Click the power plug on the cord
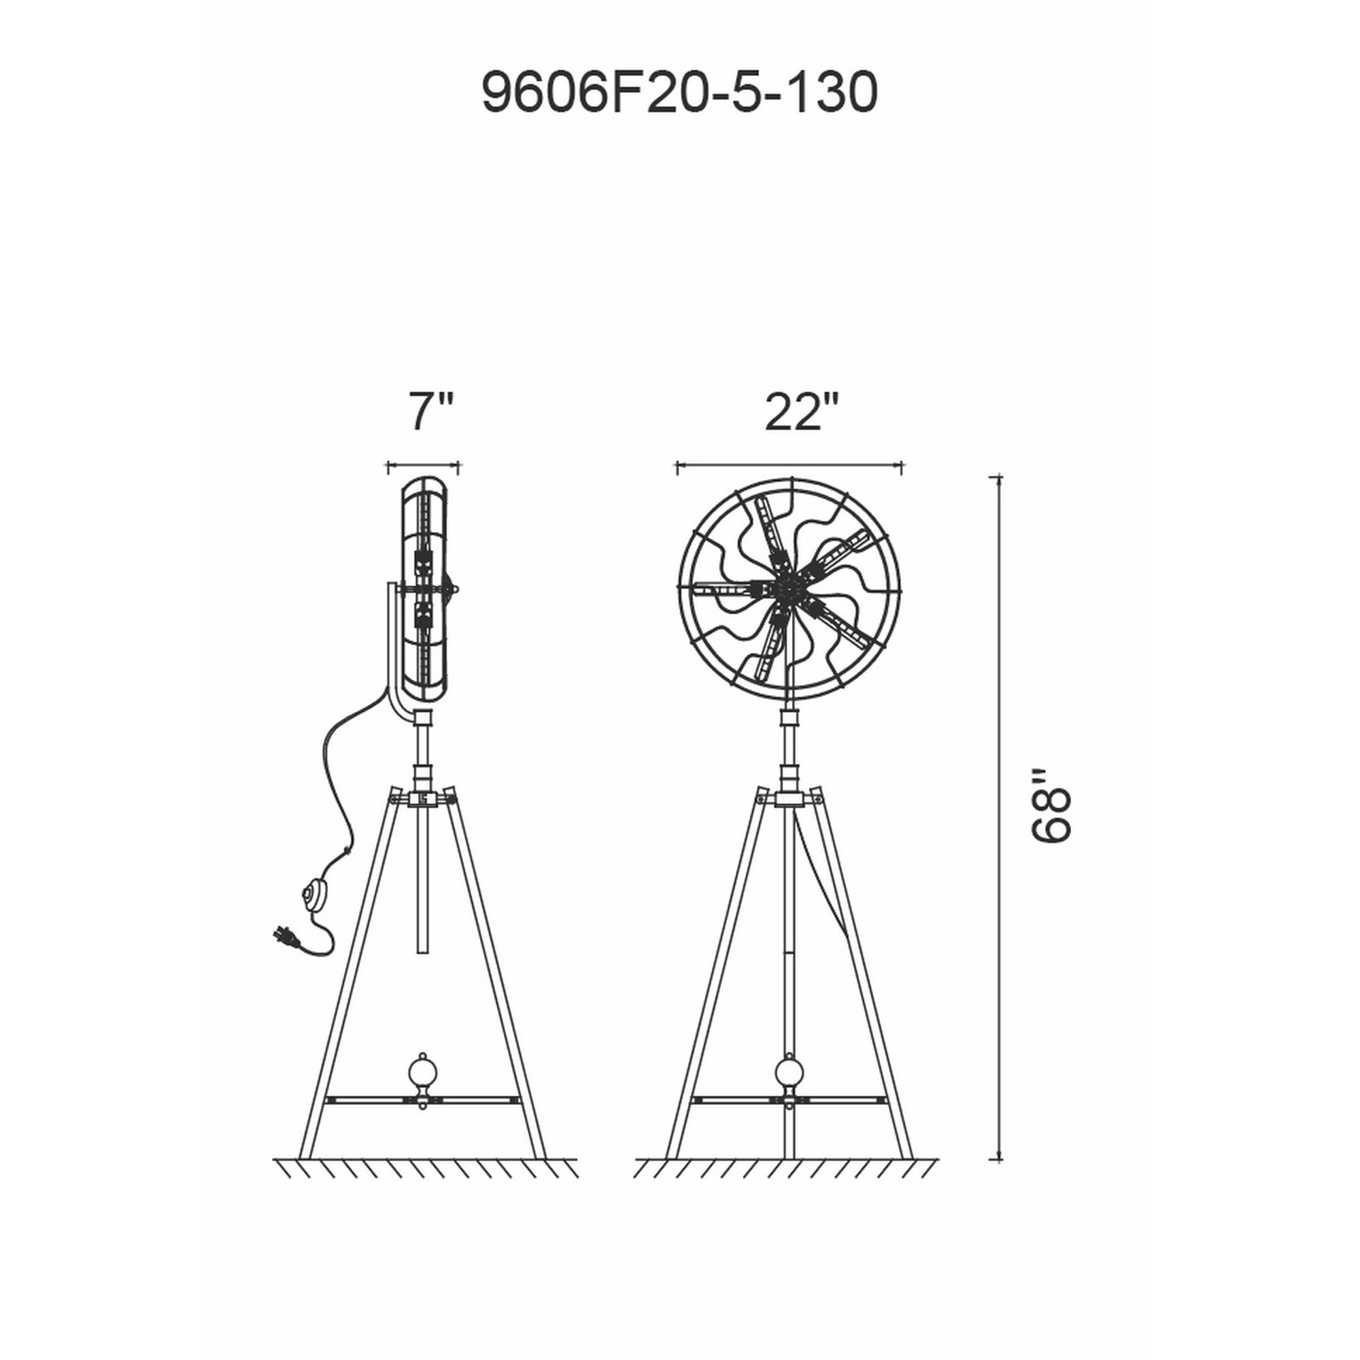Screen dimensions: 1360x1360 287,938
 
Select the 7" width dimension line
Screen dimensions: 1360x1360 423,465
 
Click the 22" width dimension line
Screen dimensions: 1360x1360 789,465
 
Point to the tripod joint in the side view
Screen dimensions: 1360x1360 422,798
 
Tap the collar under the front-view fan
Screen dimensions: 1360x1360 789,719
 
